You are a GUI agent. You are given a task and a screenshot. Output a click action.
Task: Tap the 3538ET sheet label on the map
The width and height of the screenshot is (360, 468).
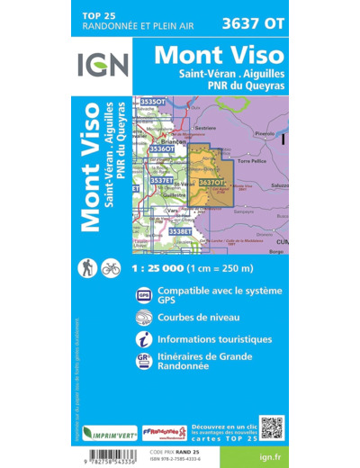180,231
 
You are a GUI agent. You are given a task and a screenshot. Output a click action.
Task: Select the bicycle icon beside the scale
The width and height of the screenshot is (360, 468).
112,267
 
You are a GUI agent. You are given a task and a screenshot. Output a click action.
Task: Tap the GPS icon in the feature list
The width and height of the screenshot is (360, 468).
144,295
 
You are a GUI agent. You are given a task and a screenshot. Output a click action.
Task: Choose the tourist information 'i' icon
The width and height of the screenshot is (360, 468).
144,341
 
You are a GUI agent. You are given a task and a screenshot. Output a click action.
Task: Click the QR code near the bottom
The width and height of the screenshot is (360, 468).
271,427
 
